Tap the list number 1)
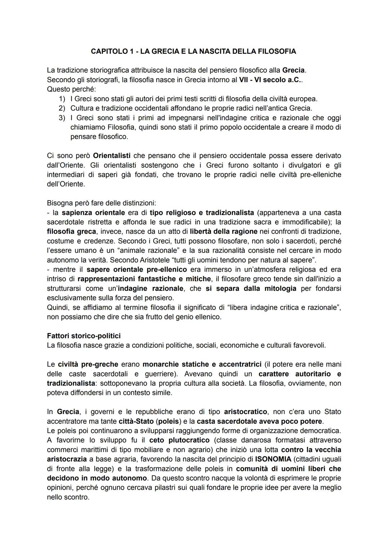tap(62, 99)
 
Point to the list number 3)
tap(62, 118)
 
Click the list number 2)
tap(62, 108)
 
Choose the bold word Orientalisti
tap(112, 156)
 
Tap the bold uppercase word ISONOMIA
tap(273, 459)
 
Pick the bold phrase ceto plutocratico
tap(179, 440)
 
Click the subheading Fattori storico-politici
tap(84, 336)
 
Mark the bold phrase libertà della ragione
tap(223, 231)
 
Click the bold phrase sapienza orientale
tap(93, 213)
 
